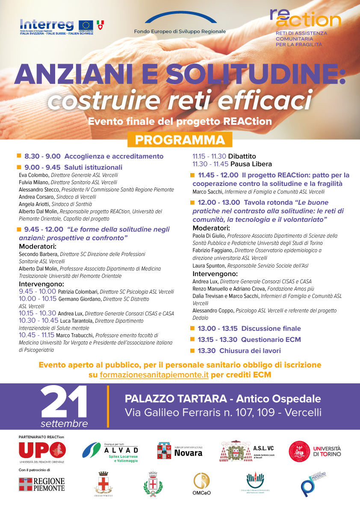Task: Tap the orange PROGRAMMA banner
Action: click(180, 140)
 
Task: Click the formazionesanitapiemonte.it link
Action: click(154, 375)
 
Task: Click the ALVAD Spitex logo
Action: click(110, 453)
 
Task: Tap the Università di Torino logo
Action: click(315, 451)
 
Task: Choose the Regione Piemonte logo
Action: click(42, 484)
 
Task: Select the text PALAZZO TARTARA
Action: click(175, 399)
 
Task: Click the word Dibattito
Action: click(242, 156)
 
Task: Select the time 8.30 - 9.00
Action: click(42, 156)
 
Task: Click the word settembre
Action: click(64, 424)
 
